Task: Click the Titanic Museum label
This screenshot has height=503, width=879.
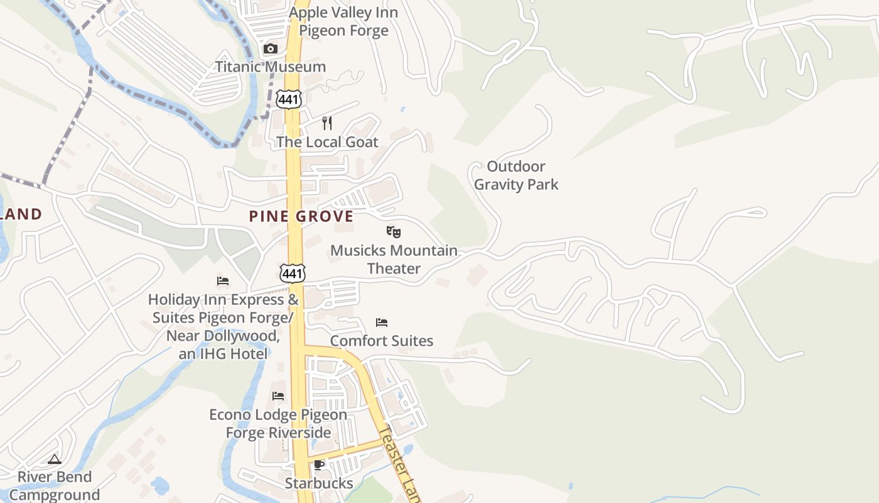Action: pos(271,67)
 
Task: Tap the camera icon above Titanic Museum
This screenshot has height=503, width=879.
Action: pos(271,49)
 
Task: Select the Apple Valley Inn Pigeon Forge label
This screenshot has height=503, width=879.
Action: pos(343,21)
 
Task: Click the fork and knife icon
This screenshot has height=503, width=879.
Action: pos(327,123)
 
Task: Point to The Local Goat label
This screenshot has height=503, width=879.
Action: pos(327,142)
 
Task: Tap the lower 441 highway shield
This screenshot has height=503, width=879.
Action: pos(293,273)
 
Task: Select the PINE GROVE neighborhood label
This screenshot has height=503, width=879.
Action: pos(301,216)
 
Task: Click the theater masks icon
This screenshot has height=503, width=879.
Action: pos(394,232)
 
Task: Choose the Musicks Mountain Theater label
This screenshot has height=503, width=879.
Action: pos(394,259)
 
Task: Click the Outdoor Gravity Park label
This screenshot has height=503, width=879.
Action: pos(516,175)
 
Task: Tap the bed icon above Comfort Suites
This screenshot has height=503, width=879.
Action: pos(382,323)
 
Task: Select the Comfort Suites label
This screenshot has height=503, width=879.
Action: pos(382,341)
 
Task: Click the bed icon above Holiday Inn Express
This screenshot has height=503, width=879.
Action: pos(223,281)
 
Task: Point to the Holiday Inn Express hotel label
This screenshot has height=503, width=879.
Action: pos(224,326)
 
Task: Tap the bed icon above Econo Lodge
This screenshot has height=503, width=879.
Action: pos(278,396)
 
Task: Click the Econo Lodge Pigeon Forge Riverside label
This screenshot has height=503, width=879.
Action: pos(278,424)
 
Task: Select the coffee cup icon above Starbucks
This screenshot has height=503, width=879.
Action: pos(319,465)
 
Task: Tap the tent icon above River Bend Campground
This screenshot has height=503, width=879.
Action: pos(55,460)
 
